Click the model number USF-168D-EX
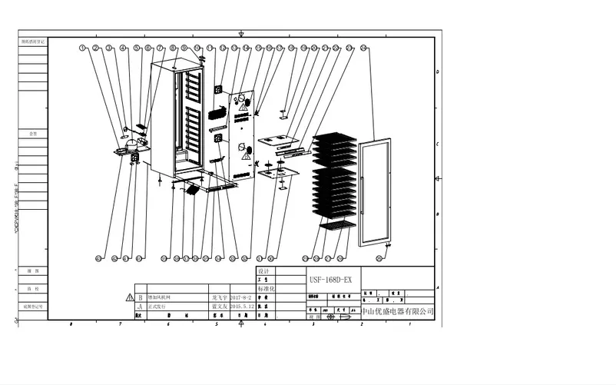330,280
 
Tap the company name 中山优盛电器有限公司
398,312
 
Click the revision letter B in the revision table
140,296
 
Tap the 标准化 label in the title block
265,288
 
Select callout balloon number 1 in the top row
82,48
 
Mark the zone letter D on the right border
437,71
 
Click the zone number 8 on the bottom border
71,325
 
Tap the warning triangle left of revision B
128,297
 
